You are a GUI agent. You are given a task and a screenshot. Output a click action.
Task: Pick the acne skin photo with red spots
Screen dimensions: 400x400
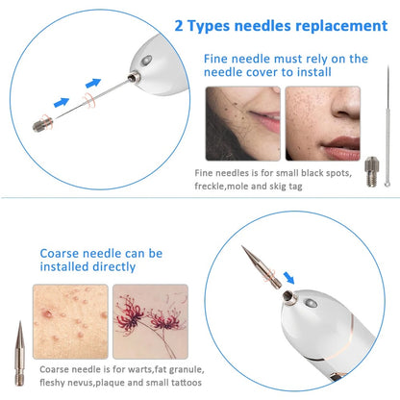click(x=68, y=318)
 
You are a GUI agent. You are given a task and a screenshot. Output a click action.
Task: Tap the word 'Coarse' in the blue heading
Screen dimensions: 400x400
click(x=63, y=256)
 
